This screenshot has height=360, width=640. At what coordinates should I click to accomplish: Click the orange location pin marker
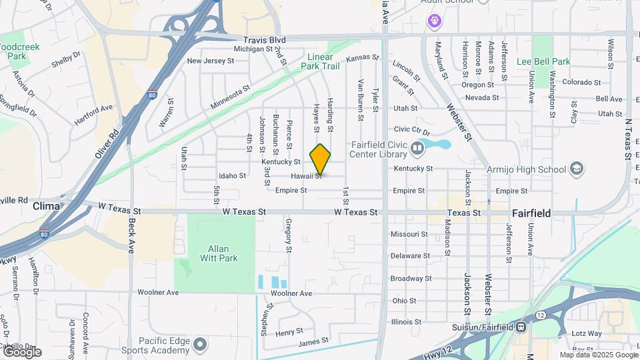[x=321, y=159]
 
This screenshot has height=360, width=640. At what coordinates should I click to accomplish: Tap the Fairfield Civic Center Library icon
[x=418, y=147]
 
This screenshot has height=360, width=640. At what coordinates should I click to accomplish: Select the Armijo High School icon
[x=577, y=169]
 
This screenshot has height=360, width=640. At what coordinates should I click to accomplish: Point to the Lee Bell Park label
[x=543, y=61]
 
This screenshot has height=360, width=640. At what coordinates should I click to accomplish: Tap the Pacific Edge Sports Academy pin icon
[x=200, y=345]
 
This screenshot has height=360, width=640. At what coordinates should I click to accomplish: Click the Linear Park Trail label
[x=320, y=61]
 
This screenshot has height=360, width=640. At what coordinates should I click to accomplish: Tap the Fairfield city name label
[x=531, y=213]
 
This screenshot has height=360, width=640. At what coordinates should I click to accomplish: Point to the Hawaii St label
[x=306, y=176]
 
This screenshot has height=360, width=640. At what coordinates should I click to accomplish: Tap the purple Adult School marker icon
[x=434, y=22]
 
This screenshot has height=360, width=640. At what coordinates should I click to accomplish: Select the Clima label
[x=46, y=207]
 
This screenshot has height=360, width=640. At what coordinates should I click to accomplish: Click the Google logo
[x=21, y=352]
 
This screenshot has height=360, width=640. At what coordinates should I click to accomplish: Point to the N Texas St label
[x=628, y=140]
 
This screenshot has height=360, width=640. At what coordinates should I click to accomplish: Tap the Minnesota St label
[x=230, y=97]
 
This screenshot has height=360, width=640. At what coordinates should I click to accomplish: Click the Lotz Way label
[x=587, y=333]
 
